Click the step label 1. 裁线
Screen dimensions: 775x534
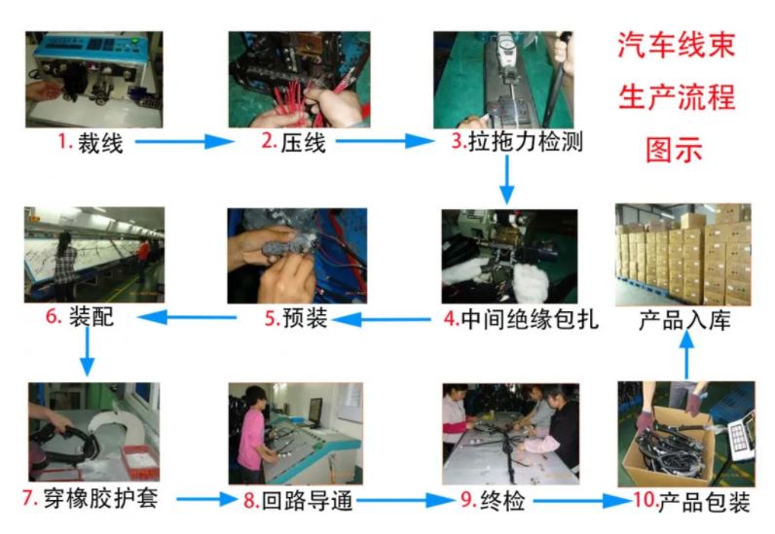(x=91, y=143)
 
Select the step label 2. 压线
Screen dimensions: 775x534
(x=294, y=142)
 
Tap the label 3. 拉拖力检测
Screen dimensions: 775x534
(x=517, y=142)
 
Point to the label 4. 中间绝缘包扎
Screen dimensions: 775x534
(x=521, y=319)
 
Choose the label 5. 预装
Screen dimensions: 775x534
(x=296, y=318)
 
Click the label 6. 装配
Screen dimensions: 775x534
(x=80, y=316)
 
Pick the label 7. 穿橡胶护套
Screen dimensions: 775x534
(x=91, y=498)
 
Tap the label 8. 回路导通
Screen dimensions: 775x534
(x=298, y=500)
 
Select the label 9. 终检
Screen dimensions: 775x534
(x=493, y=500)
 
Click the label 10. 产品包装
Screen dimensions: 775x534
(x=692, y=501)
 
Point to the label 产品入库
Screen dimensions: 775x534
(x=684, y=321)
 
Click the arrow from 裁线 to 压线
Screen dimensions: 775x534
(x=184, y=142)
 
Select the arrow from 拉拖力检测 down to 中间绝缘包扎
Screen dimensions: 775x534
(x=506, y=180)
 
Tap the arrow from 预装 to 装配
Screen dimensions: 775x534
(x=187, y=317)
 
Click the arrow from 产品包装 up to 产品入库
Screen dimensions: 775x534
(x=686, y=354)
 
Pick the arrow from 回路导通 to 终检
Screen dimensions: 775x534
(x=406, y=501)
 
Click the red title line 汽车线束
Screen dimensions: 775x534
(x=677, y=45)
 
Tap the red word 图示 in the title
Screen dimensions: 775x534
(x=674, y=149)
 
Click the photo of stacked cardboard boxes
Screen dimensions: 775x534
(x=683, y=255)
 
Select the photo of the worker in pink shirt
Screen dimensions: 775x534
(x=296, y=433)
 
